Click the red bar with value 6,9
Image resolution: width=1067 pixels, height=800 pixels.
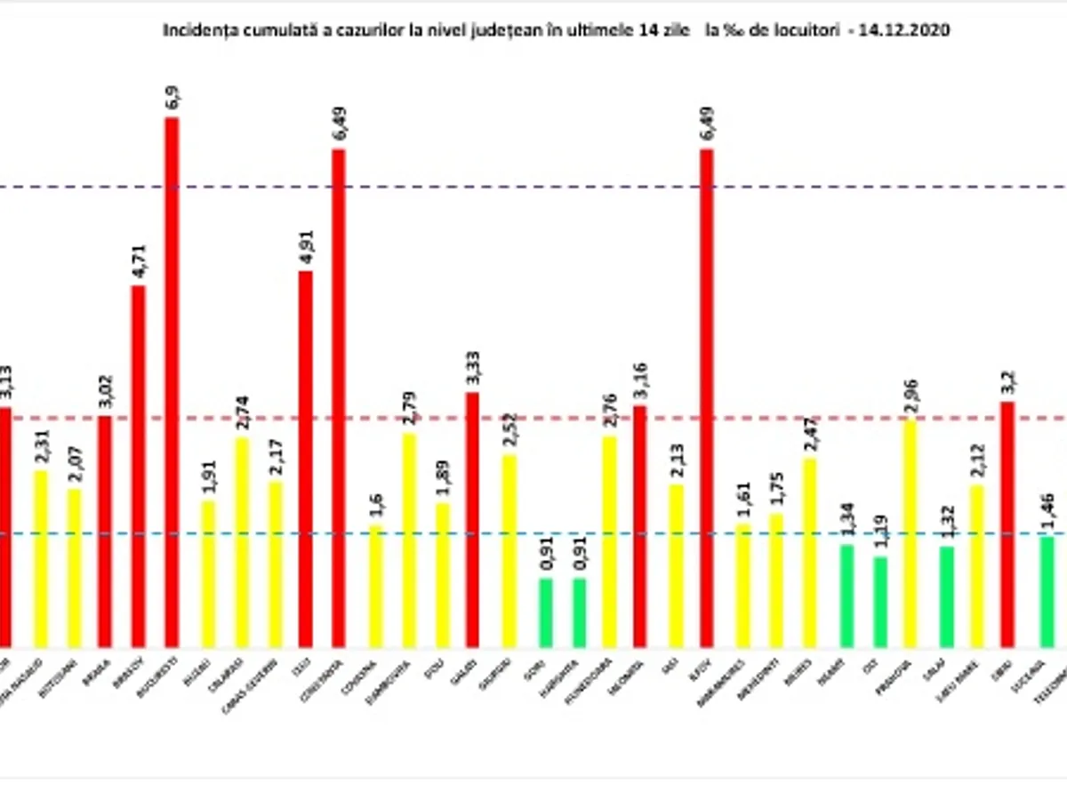click(171, 382)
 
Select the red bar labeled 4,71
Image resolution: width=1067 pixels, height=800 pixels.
click(138, 466)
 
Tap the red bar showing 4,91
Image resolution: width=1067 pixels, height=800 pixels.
click(305, 459)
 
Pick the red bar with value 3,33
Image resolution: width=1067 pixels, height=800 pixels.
click(471, 519)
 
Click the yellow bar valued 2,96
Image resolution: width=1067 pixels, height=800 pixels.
click(910, 533)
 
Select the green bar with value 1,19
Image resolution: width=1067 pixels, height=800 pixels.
click(879, 602)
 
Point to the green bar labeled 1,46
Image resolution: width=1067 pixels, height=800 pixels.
click(1047, 591)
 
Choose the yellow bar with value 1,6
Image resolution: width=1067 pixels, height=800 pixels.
click(375, 586)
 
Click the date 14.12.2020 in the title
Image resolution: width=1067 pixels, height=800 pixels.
click(913, 29)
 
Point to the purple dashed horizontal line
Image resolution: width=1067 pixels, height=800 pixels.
click(533, 188)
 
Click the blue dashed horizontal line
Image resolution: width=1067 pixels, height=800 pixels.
click(533, 534)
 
